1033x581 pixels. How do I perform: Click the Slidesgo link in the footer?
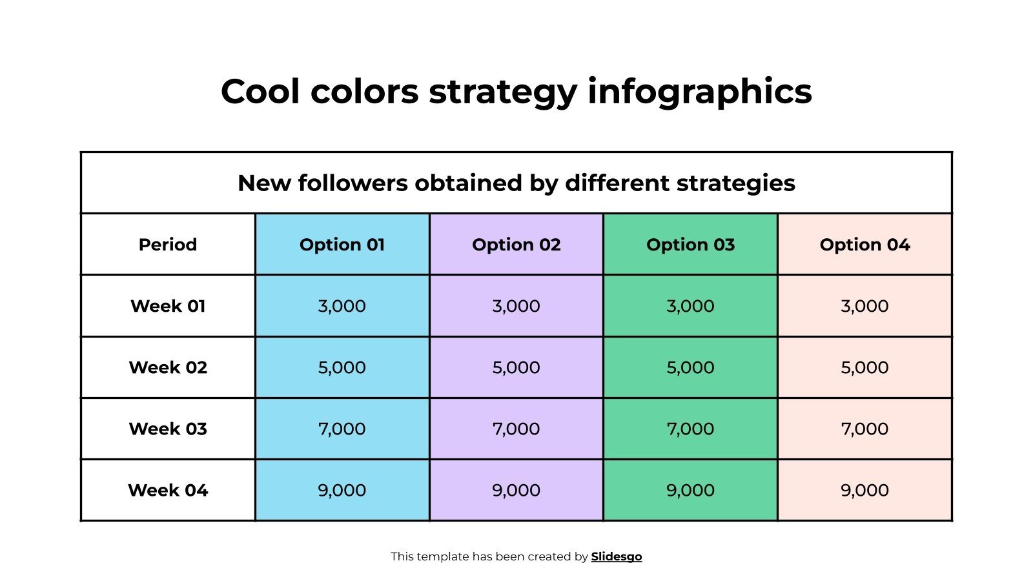(617, 556)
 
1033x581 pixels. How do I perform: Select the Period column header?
(168, 245)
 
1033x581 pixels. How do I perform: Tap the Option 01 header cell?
(342, 245)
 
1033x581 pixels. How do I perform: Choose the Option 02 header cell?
(516, 245)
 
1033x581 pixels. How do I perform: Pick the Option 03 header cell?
(690, 245)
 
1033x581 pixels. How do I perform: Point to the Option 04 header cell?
(864, 245)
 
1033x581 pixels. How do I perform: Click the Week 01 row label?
(168, 306)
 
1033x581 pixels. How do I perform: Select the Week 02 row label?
(168, 367)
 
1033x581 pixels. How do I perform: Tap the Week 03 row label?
(168, 429)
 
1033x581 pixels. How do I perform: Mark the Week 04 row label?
(168, 490)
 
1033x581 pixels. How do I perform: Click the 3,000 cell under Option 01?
(342, 306)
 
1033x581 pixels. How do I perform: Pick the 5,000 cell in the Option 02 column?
(516, 367)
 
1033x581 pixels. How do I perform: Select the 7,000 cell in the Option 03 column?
(690, 429)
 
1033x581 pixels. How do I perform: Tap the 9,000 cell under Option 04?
(864, 490)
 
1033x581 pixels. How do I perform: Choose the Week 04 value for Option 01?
(342, 490)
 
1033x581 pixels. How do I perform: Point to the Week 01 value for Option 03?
(690, 306)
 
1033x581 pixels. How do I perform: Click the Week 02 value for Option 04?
(864, 367)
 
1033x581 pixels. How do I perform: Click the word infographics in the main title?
(699, 92)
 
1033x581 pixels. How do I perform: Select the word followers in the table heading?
(353, 183)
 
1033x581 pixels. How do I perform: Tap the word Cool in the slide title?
(260, 92)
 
